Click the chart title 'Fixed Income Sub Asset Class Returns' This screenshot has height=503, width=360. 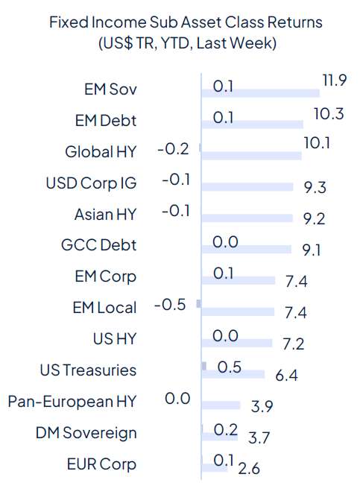[x=186, y=22]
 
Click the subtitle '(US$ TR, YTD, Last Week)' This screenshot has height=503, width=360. [x=186, y=43]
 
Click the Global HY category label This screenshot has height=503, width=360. [x=101, y=152]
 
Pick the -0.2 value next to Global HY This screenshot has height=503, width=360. [x=174, y=150]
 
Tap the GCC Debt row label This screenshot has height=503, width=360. [x=99, y=244]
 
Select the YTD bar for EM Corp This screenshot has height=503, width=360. [x=238, y=280]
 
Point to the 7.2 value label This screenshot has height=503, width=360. [x=292, y=344]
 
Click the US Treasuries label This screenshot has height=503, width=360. [x=88, y=370]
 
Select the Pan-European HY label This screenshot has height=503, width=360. [x=72, y=401]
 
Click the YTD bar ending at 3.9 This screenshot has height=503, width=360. [x=221, y=405]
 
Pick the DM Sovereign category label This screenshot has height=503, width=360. [x=86, y=432]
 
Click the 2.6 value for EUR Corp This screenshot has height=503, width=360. [x=243, y=467]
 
